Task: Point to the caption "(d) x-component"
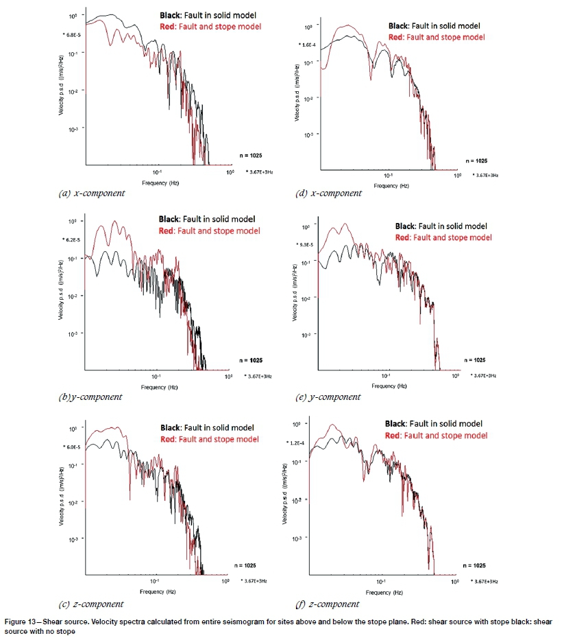point(329,193)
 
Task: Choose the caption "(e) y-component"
point(329,397)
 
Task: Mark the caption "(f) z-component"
point(328,604)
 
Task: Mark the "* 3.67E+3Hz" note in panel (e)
point(482,375)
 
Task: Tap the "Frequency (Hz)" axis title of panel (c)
point(157,591)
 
